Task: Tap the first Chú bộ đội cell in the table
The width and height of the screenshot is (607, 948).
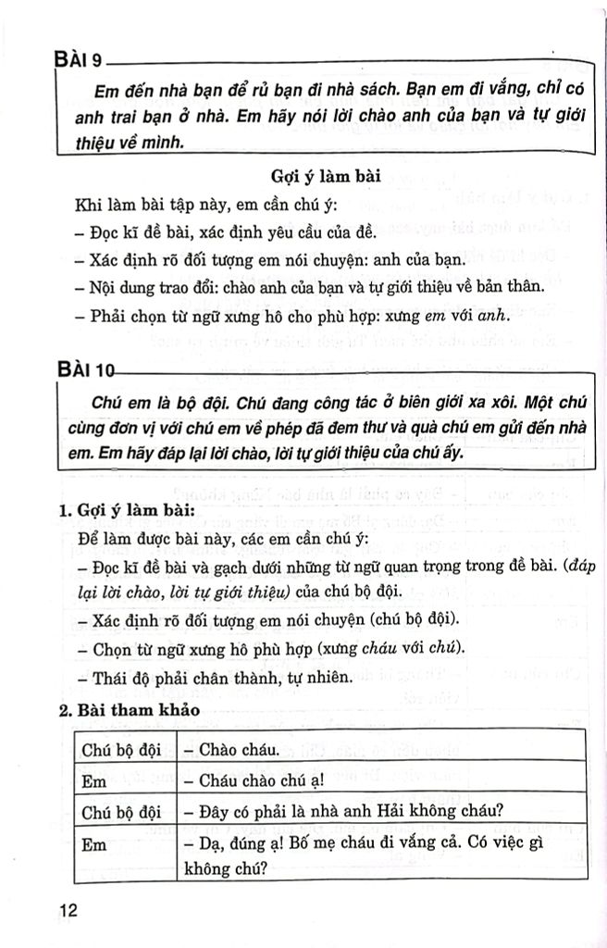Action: click(x=116, y=746)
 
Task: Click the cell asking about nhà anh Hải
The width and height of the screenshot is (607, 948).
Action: click(x=342, y=812)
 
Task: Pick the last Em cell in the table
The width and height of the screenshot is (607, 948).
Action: click(x=94, y=845)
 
